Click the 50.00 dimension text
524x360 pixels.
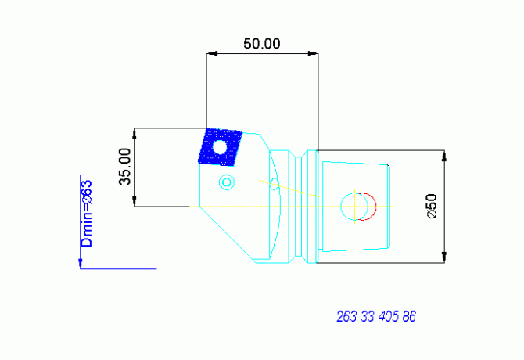tap(262, 44)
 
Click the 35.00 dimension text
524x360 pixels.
tap(125, 167)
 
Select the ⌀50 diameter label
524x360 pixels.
tap(432, 207)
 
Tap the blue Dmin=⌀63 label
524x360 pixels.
tap(86, 214)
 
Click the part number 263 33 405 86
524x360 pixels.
tap(376, 316)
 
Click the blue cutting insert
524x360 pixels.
tap(221, 147)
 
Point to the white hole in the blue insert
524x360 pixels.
tap(220, 147)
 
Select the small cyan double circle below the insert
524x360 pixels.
tap(227, 182)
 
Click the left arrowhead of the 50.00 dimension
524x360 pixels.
tap(212, 53)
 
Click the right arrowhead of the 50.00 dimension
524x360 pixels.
tap(313, 53)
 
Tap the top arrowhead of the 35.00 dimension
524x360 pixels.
tap(135, 134)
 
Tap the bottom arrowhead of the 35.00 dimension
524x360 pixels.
tap(135, 201)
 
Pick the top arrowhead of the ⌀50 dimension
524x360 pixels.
tap(444, 156)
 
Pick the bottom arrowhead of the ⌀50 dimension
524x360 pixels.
tap(444, 257)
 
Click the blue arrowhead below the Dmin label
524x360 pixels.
tap(81, 264)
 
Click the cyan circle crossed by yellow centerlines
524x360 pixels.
tap(354, 207)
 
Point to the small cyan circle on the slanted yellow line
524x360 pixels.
tap(274, 182)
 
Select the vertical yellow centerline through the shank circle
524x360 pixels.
tap(354, 207)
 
